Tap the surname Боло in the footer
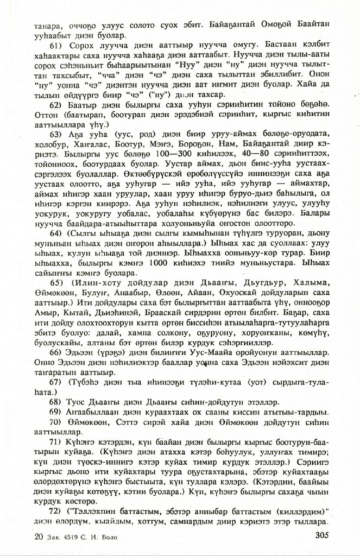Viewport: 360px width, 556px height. tap(105, 538)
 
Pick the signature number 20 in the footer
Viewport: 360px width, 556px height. tap(37, 538)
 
